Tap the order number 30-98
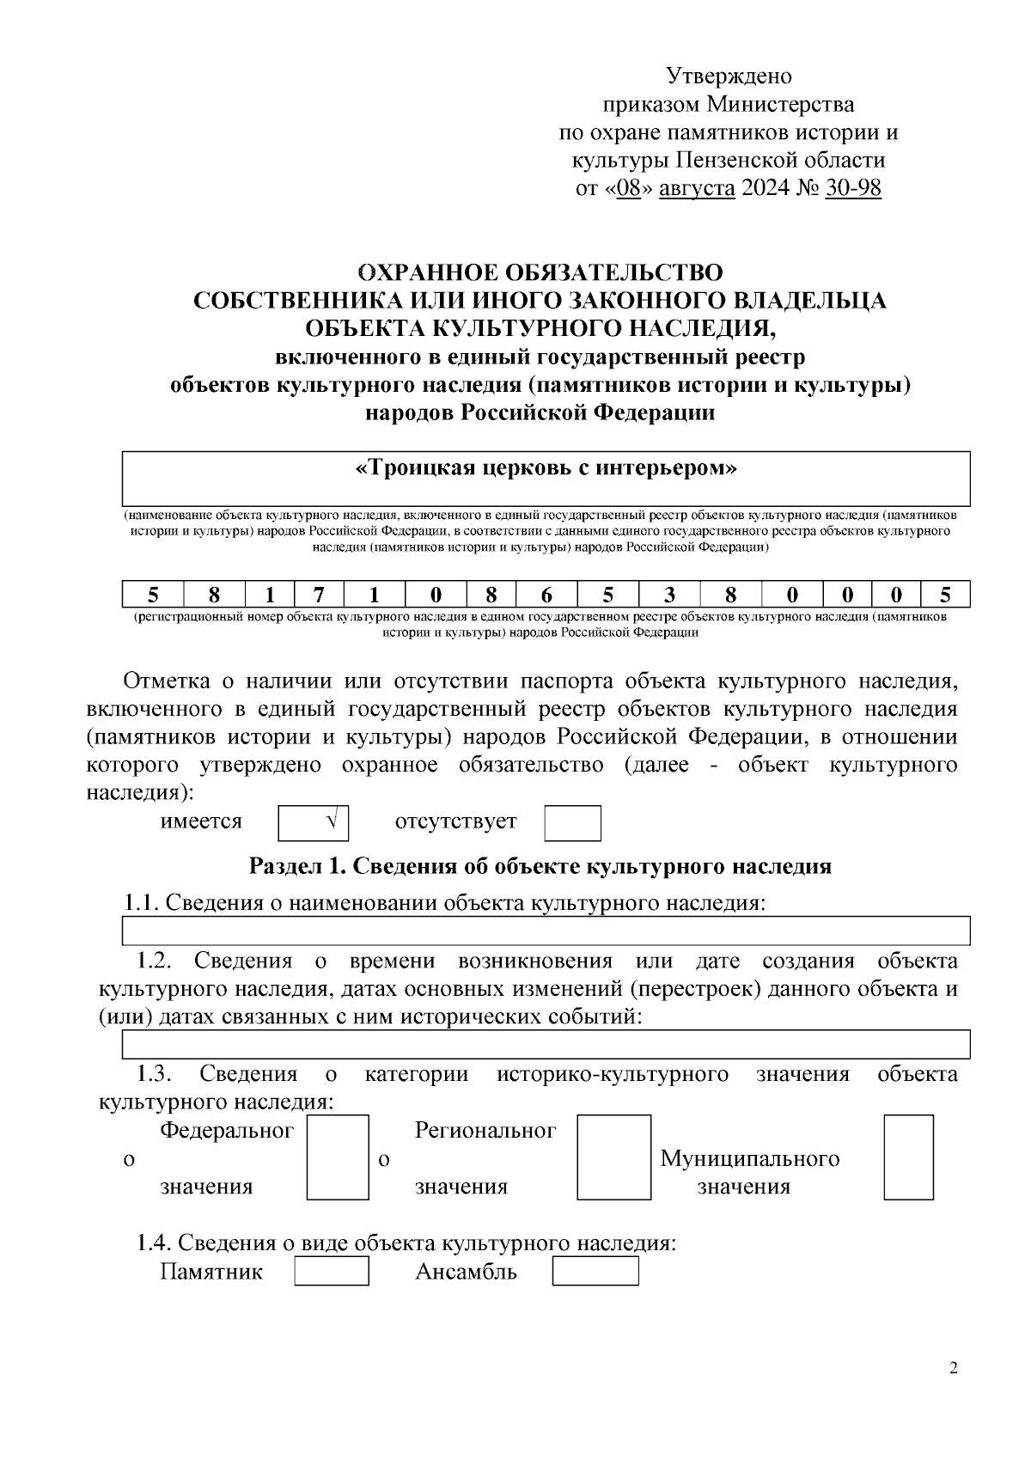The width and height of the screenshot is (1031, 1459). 852,188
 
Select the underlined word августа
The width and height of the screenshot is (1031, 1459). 697,188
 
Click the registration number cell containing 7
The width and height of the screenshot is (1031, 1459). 318,595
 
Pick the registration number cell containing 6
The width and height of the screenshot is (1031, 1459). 546,595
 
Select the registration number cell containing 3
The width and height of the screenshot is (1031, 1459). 669,595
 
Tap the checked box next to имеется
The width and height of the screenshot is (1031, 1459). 314,822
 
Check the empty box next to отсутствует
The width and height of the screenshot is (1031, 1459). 572,822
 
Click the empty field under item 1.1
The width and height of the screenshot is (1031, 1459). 546,931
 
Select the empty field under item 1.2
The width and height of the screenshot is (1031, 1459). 546,1044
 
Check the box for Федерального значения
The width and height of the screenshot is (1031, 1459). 338,1157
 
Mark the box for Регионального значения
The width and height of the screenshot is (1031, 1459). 613,1157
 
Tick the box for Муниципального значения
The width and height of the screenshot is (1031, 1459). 908,1157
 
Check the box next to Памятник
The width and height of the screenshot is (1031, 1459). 332,1271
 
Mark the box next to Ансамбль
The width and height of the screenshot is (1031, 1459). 595,1271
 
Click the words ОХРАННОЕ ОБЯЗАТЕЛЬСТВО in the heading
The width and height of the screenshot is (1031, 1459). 540,272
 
